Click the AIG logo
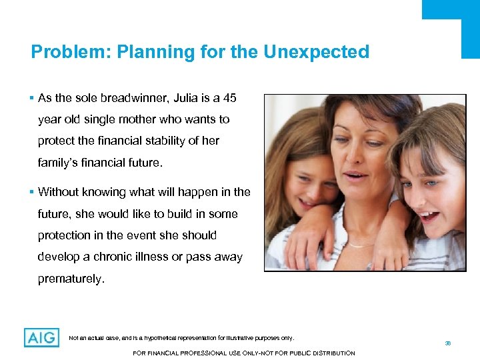tap(41, 338)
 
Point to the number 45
tap(229, 99)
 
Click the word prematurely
tap(71, 279)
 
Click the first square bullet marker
tap(33, 99)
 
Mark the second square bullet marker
tap(33, 192)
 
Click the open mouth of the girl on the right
tap(429, 216)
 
